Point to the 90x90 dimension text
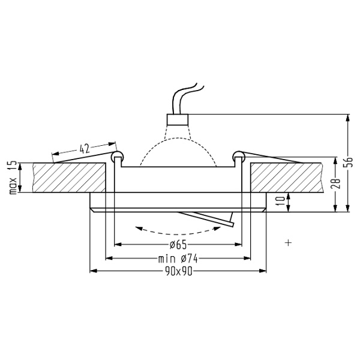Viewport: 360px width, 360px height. pyautogui.click(x=178, y=272)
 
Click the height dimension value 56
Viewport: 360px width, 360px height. pyautogui.click(x=352, y=162)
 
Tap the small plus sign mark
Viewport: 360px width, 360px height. pyautogui.click(x=289, y=242)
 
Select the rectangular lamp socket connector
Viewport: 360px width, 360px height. pyautogui.click(x=177, y=118)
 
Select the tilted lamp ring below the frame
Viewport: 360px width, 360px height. pyautogui.click(x=207, y=219)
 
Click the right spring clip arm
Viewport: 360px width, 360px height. pyautogui.click(x=270, y=157)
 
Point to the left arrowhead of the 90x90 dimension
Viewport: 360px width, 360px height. pyautogui.click(x=92, y=272)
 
